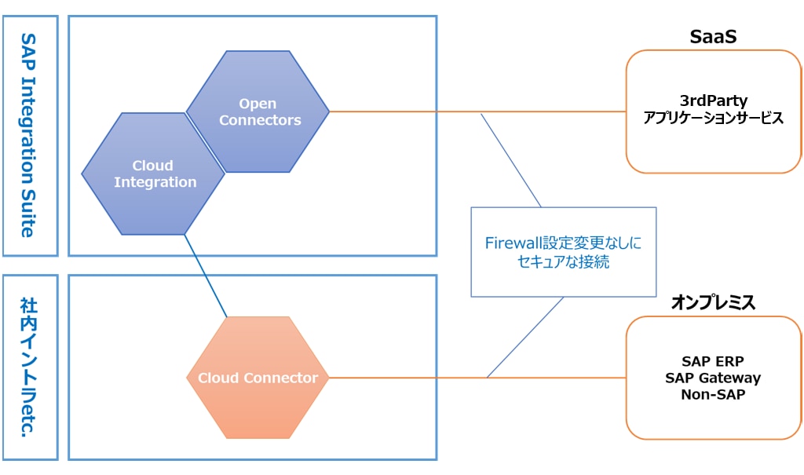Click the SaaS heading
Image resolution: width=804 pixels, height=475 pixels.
[x=712, y=37]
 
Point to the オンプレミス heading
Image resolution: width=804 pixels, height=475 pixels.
[x=712, y=303]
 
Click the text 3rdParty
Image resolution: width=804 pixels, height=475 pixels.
[x=713, y=101]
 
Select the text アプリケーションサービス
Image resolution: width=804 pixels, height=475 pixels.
[x=713, y=118]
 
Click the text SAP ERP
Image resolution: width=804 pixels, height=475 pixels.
[x=713, y=361]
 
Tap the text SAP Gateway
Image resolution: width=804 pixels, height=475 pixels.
[x=713, y=378]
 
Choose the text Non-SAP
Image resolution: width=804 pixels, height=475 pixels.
[x=713, y=394]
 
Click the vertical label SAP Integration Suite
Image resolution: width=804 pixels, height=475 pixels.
[x=29, y=134]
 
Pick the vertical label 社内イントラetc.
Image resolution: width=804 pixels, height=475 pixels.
[x=29, y=367]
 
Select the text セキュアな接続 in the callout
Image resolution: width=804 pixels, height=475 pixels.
[x=563, y=262]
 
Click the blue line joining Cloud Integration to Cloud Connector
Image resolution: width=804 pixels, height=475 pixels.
[x=206, y=276]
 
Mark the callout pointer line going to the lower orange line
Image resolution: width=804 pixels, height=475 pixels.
[x=526, y=337]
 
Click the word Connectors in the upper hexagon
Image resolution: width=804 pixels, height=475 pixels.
[x=260, y=120]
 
